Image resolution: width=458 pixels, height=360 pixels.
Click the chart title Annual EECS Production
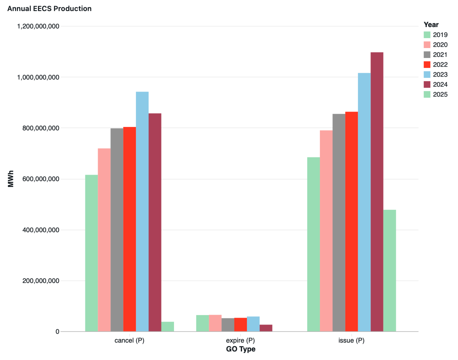[49, 8]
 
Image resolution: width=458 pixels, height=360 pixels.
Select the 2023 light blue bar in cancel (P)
[142, 212]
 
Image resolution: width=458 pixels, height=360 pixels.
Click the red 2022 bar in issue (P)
[352, 222]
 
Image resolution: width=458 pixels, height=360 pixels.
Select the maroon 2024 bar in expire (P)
[266, 328]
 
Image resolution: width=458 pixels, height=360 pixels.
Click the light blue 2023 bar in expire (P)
[253, 324]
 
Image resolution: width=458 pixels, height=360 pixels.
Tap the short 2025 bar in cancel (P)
[168, 326]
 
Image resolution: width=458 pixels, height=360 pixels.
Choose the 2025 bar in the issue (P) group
[390, 270]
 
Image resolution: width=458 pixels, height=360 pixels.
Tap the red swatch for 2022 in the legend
[427, 64]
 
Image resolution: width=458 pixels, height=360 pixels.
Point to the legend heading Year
[431, 25]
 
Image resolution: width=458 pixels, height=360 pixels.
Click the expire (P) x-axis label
[240, 341]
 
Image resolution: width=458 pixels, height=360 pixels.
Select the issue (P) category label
[352, 341]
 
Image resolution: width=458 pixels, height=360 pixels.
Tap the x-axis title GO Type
[240, 349]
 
